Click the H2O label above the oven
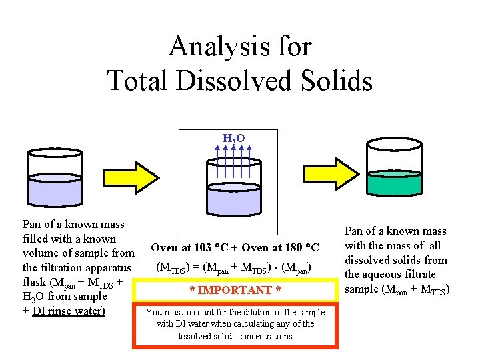tap(233, 138)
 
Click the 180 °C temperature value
tap(299, 248)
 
